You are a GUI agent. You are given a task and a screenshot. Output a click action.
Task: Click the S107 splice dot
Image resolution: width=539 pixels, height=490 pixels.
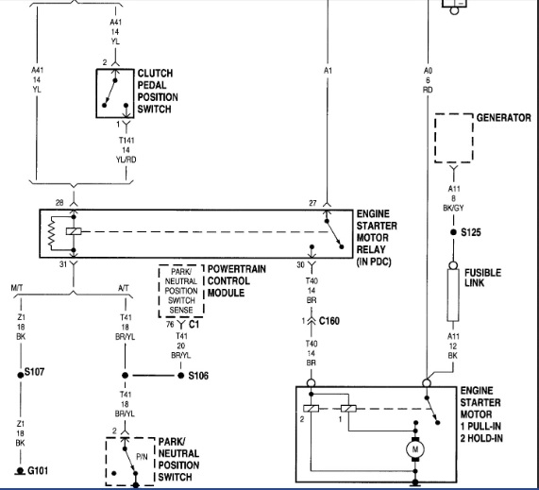pyautogui.click(x=21, y=375)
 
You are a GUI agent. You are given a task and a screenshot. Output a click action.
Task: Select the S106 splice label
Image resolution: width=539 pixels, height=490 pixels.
pyautogui.click(x=198, y=376)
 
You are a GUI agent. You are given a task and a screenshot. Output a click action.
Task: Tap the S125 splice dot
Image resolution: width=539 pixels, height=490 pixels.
pyautogui.click(x=453, y=232)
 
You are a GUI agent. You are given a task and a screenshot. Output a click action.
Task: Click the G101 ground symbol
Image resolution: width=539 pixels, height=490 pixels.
pyautogui.click(x=20, y=471)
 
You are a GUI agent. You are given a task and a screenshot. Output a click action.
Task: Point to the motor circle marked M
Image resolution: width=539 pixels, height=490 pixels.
pyautogui.click(x=415, y=449)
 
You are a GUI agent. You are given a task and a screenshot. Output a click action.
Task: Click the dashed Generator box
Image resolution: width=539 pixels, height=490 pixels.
pyautogui.click(x=454, y=138)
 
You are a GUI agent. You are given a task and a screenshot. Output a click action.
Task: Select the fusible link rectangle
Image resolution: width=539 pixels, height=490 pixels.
pyautogui.click(x=453, y=295)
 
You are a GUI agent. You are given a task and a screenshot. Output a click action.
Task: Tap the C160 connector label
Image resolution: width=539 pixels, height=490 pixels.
pyautogui.click(x=328, y=321)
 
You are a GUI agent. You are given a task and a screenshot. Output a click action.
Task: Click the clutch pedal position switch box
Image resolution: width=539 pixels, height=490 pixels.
pyautogui.click(x=115, y=93)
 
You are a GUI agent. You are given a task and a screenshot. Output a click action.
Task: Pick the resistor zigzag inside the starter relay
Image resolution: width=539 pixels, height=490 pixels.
pyautogui.click(x=52, y=233)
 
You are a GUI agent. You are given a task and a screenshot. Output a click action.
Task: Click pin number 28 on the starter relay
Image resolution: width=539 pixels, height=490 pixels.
pyautogui.click(x=59, y=203)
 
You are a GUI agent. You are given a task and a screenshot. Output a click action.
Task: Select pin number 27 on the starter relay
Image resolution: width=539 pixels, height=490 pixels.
pyautogui.click(x=312, y=203)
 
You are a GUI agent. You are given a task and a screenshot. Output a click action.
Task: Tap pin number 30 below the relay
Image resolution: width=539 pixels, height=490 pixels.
pyautogui.click(x=300, y=264)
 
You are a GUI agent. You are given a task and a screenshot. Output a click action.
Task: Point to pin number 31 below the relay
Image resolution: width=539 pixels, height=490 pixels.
pyautogui.click(x=63, y=264)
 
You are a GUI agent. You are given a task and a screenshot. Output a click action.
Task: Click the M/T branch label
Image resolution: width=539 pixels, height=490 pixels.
pyautogui.click(x=17, y=288)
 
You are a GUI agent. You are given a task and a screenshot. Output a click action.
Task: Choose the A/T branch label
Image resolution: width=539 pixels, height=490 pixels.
pyautogui.click(x=124, y=288)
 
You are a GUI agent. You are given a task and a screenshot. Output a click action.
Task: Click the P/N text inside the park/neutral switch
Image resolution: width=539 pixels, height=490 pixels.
pyautogui.click(x=142, y=457)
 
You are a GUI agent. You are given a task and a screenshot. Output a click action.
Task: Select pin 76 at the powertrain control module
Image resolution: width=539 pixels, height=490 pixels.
pyautogui.click(x=170, y=324)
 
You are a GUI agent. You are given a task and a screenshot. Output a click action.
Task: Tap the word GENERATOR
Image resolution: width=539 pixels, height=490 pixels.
pyautogui.click(x=503, y=118)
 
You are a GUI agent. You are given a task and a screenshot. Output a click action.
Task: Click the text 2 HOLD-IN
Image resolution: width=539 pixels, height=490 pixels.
pyautogui.click(x=481, y=438)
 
